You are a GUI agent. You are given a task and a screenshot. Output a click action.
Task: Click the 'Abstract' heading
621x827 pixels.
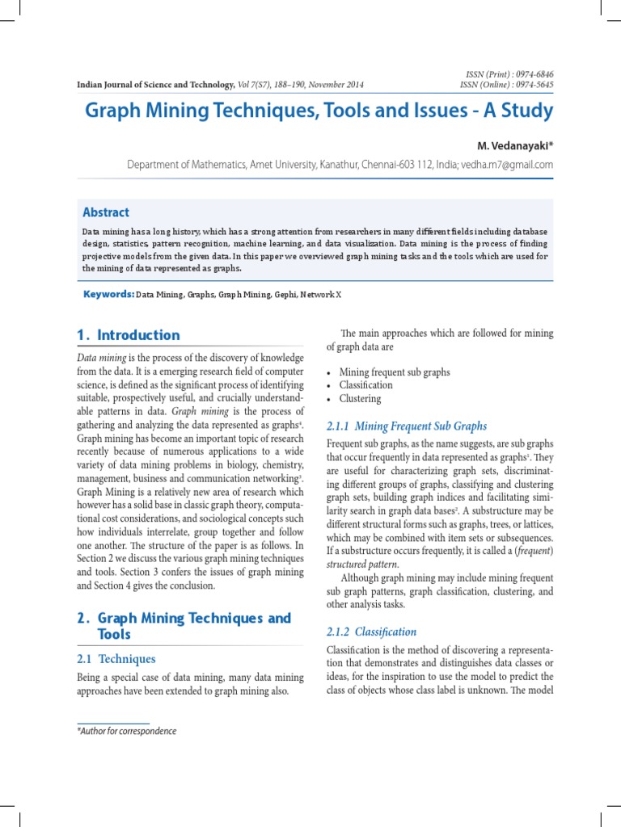pos(106,212)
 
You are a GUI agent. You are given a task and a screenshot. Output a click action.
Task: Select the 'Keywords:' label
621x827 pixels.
pos(108,295)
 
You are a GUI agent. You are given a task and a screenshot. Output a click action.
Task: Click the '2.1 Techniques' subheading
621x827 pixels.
pos(116,659)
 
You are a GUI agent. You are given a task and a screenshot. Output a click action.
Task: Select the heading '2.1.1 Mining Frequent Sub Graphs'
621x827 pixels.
pos(406,426)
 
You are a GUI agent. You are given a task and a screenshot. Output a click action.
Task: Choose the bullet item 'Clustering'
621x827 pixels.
pos(360,399)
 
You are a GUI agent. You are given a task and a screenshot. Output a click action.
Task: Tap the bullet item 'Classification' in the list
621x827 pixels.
pos(365,385)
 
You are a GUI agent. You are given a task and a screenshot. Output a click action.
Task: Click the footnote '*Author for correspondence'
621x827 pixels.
pos(126,731)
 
